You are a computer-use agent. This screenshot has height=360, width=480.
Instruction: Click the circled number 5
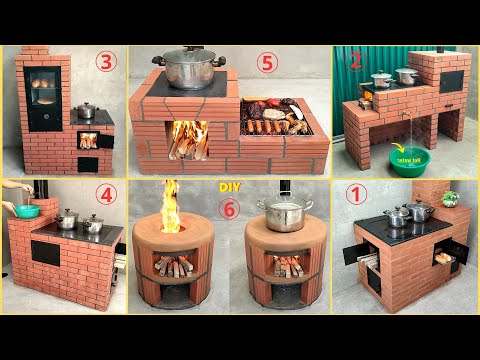click(265, 62)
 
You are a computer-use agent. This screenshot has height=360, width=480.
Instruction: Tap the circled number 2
click(352, 61)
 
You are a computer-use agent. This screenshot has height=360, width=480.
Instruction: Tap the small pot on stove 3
click(87, 110)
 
